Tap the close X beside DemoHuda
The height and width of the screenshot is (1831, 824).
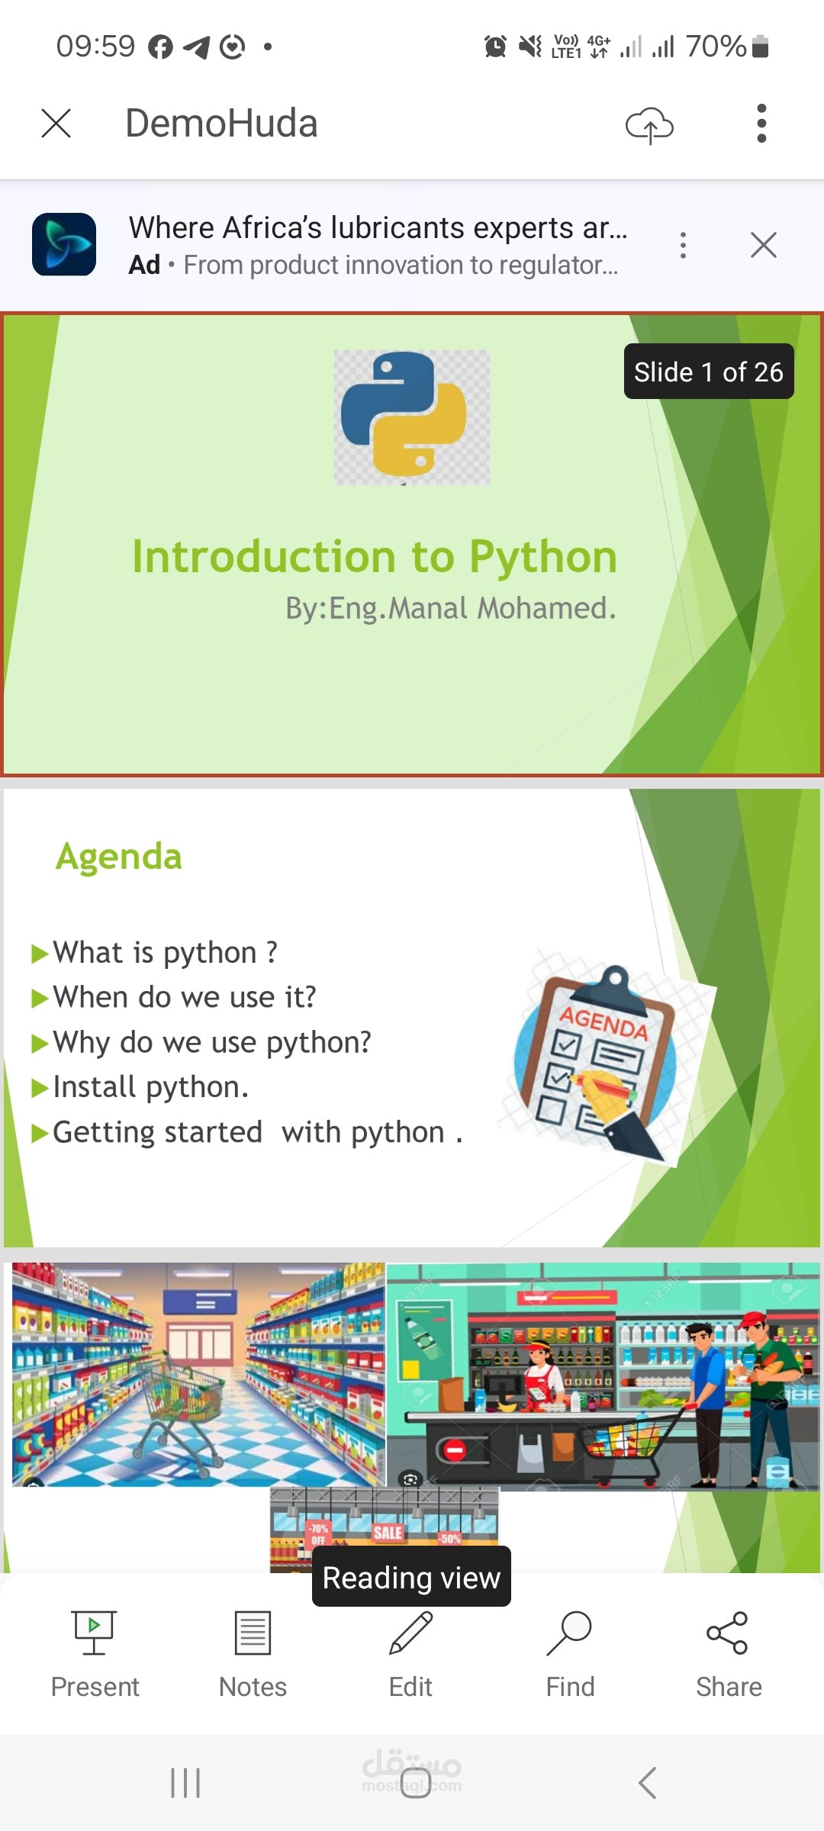[x=56, y=123]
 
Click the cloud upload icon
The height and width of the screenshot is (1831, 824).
[x=649, y=125]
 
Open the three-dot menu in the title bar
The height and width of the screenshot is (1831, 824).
[x=761, y=124]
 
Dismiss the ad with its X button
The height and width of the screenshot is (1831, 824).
[x=763, y=245]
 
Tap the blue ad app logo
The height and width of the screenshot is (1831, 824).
[x=64, y=244]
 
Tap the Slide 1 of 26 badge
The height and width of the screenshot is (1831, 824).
[x=709, y=372]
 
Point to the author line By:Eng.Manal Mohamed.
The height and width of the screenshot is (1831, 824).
[x=451, y=609]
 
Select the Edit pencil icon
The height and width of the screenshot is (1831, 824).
[x=411, y=1633]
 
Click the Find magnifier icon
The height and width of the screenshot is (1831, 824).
[x=569, y=1633]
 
